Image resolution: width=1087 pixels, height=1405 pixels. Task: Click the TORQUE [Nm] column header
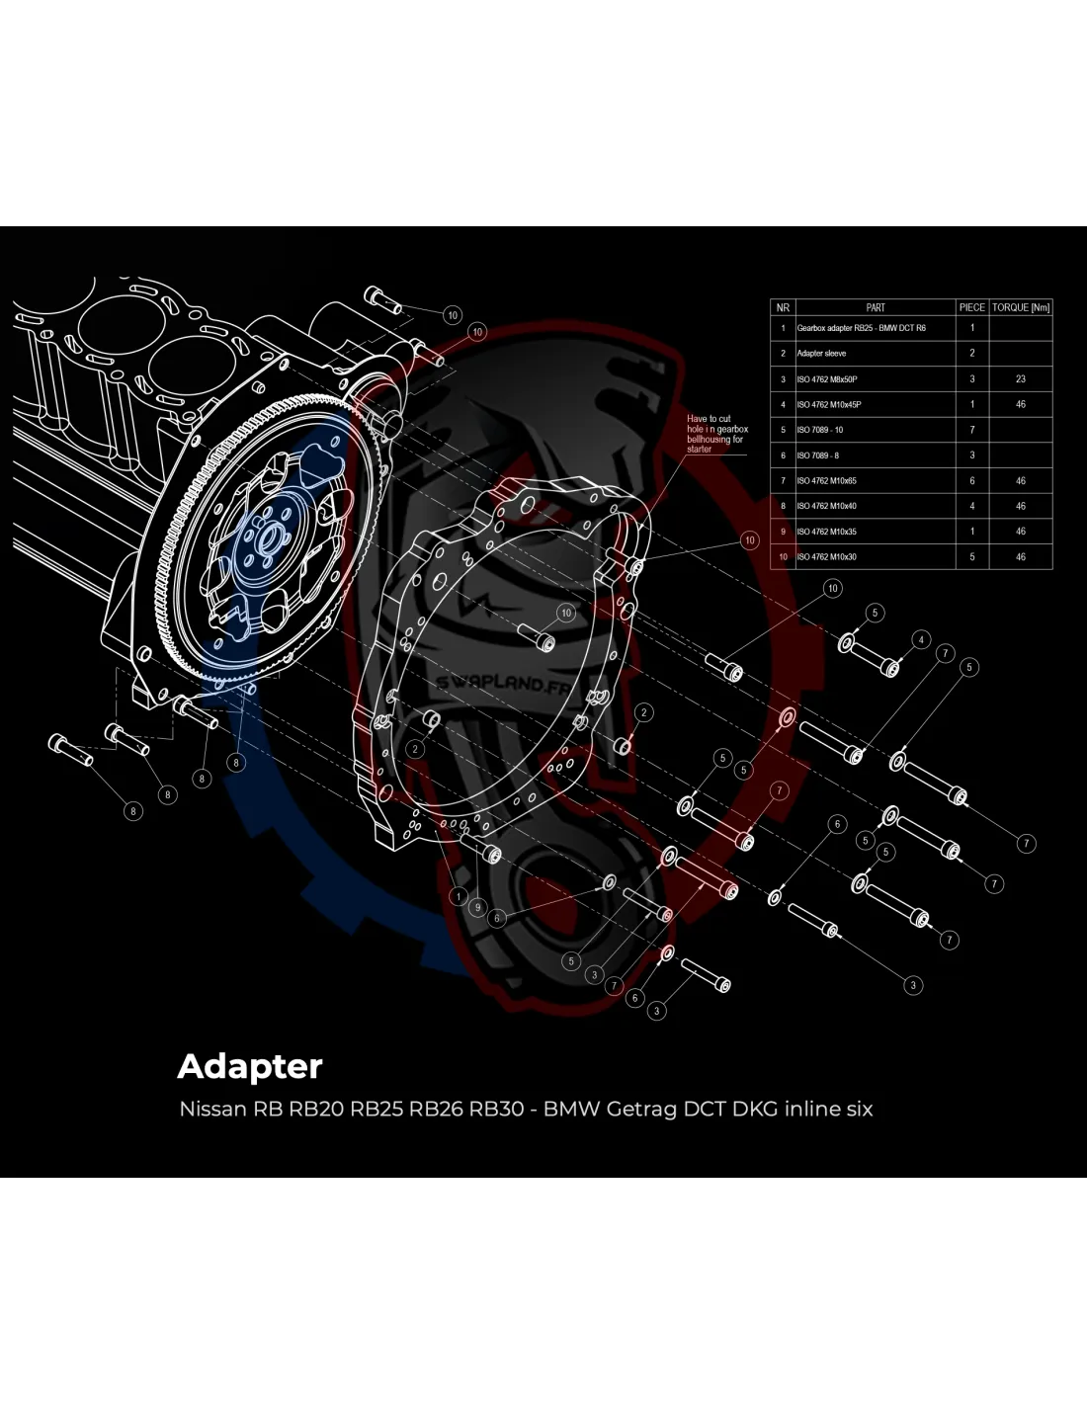(x=1021, y=307)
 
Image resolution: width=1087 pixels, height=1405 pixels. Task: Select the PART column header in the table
(x=875, y=307)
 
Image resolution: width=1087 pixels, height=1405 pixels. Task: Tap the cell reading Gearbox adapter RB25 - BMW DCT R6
(x=861, y=328)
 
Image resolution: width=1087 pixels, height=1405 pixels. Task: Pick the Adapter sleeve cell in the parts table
(x=821, y=353)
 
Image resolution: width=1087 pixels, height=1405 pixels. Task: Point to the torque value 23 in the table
(x=1021, y=379)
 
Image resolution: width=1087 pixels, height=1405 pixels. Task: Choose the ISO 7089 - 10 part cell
(x=820, y=430)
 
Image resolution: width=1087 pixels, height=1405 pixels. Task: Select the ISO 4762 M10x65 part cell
(x=828, y=481)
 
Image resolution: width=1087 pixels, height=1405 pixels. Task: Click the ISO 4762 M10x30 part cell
(x=828, y=557)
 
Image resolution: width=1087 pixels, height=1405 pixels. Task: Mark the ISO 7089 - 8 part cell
(x=818, y=455)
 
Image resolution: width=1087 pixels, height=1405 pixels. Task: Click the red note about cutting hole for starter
(x=716, y=434)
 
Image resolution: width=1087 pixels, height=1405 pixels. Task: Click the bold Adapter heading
(x=250, y=1066)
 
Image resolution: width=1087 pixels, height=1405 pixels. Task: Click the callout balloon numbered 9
(x=477, y=907)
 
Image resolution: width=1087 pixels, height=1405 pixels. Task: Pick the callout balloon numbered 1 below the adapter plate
(x=459, y=896)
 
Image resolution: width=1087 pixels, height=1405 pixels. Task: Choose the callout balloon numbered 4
(x=921, y=640)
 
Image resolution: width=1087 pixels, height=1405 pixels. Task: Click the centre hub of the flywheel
(x=266, y=539)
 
